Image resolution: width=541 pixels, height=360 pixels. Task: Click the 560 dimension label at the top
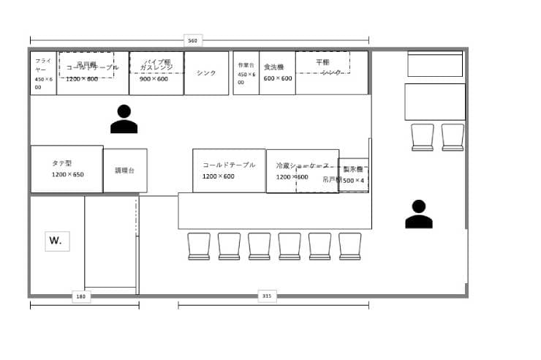[192, 40]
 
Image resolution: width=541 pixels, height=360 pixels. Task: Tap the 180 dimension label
[81, 296]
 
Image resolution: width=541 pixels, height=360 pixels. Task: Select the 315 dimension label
[267, 296]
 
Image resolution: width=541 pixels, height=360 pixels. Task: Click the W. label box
[57, 240]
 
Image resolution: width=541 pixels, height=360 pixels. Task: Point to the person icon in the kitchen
[124, 119]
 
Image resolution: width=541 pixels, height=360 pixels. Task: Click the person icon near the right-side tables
[418, 214]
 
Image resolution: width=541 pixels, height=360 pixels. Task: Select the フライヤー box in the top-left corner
[43, 73]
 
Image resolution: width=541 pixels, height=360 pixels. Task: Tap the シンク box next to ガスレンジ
[206, 73]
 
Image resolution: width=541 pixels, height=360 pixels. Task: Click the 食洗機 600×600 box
[277, 73]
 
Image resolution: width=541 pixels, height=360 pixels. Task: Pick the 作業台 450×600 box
[246, 73]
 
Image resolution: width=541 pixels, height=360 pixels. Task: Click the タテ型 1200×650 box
[67, 169]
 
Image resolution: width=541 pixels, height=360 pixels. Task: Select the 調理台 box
[125, 170]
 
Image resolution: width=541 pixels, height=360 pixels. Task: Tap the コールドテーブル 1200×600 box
[229, 170]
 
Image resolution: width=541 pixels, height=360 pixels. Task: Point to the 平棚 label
[322, 63]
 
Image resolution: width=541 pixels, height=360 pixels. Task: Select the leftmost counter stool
[199, 247]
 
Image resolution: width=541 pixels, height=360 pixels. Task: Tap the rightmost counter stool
[350, 247]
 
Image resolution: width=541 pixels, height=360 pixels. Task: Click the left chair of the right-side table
[423, 138]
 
